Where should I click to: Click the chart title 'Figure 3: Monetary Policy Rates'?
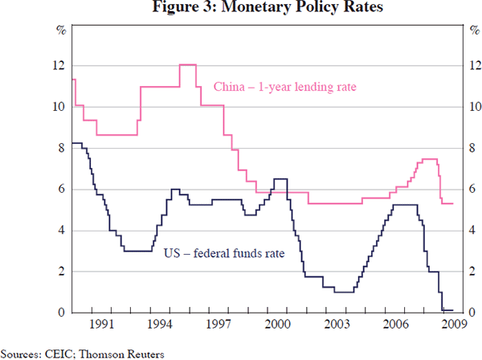pyautogui.click(x=240, y=9)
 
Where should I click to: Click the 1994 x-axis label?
pyautogui.click(x=159, y=325)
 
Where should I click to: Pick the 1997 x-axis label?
pyautogui.click(x=219, y=325)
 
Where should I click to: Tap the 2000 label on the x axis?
pyautogui.click(x=278, y=325)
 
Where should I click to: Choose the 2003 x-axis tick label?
pyautogui.click(x=337, y=325)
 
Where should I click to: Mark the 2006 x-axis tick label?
pyautogui.click(x=396, y=325)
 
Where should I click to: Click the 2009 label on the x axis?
pyautogui.click(x=454, y=325)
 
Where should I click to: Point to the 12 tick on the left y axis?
pyautogui.click(x=59, y=66)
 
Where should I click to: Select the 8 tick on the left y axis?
pyautogui.click(x=61, y=149)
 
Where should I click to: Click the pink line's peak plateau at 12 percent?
pyautogui.click(x=188, y=64)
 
